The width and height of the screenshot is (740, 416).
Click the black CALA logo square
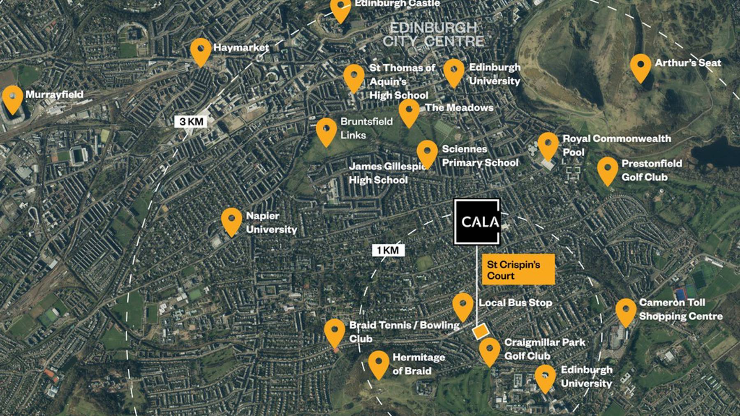477,222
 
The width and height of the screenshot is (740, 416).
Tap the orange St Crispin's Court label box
518,270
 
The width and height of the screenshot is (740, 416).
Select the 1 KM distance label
388,250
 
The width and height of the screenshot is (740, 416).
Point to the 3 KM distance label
191,122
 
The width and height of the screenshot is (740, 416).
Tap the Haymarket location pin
201,51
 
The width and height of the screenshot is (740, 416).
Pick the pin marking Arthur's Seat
641,67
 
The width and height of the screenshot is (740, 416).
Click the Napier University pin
231,221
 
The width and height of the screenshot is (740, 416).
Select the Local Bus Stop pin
463,306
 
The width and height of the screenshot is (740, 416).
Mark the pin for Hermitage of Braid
379,364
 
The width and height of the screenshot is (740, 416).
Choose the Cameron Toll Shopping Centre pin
626,312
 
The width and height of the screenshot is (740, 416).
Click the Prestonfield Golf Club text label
651,170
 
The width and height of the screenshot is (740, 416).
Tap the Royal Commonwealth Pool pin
548,145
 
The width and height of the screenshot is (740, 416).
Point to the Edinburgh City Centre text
433,35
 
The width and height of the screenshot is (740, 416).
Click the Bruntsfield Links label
366,128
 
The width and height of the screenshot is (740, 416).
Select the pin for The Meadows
409,112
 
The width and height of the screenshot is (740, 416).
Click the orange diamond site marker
480,331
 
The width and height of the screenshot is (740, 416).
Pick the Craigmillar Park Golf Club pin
490,351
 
